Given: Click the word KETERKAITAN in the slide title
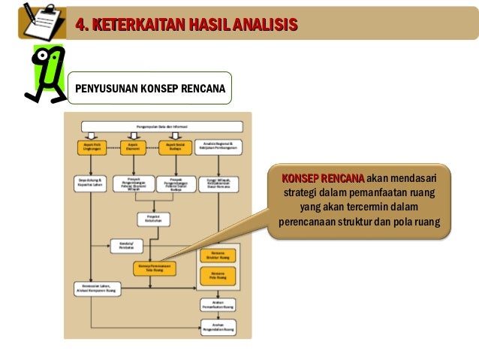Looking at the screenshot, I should (x=132, y=25).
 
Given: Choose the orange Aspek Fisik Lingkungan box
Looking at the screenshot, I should (x=92, y=148).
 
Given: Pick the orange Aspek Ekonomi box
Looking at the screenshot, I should (x=133, y=148).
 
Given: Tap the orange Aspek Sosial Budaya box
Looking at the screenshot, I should (x=174, y=148).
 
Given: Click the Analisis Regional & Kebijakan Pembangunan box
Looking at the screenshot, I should (x=219, y=148).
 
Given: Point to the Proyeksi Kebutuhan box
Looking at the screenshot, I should (x=153, y=218).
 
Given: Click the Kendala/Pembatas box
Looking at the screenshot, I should (x=126, y=245).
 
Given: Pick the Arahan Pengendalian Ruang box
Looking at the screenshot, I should (x=218, y=326).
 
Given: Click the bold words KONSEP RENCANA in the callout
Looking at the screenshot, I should (x=322, y=178).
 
